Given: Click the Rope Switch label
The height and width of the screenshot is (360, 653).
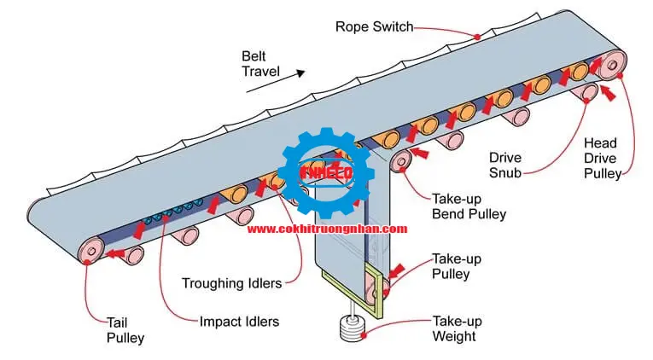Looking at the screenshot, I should pos(373,26).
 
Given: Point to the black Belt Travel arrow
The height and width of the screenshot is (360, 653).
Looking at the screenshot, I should pos(290,74).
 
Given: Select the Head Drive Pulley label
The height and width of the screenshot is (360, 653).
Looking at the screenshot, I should pos(603,158).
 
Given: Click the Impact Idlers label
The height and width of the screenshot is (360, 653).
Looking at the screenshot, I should pos(239,322).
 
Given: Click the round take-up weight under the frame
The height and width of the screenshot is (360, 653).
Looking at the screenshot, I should pos(349,329).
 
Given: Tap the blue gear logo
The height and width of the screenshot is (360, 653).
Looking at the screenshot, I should pos(326,171).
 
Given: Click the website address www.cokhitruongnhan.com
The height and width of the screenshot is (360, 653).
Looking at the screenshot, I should pos(327,229).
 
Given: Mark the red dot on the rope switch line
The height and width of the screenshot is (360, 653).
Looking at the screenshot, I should pos(478,36).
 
